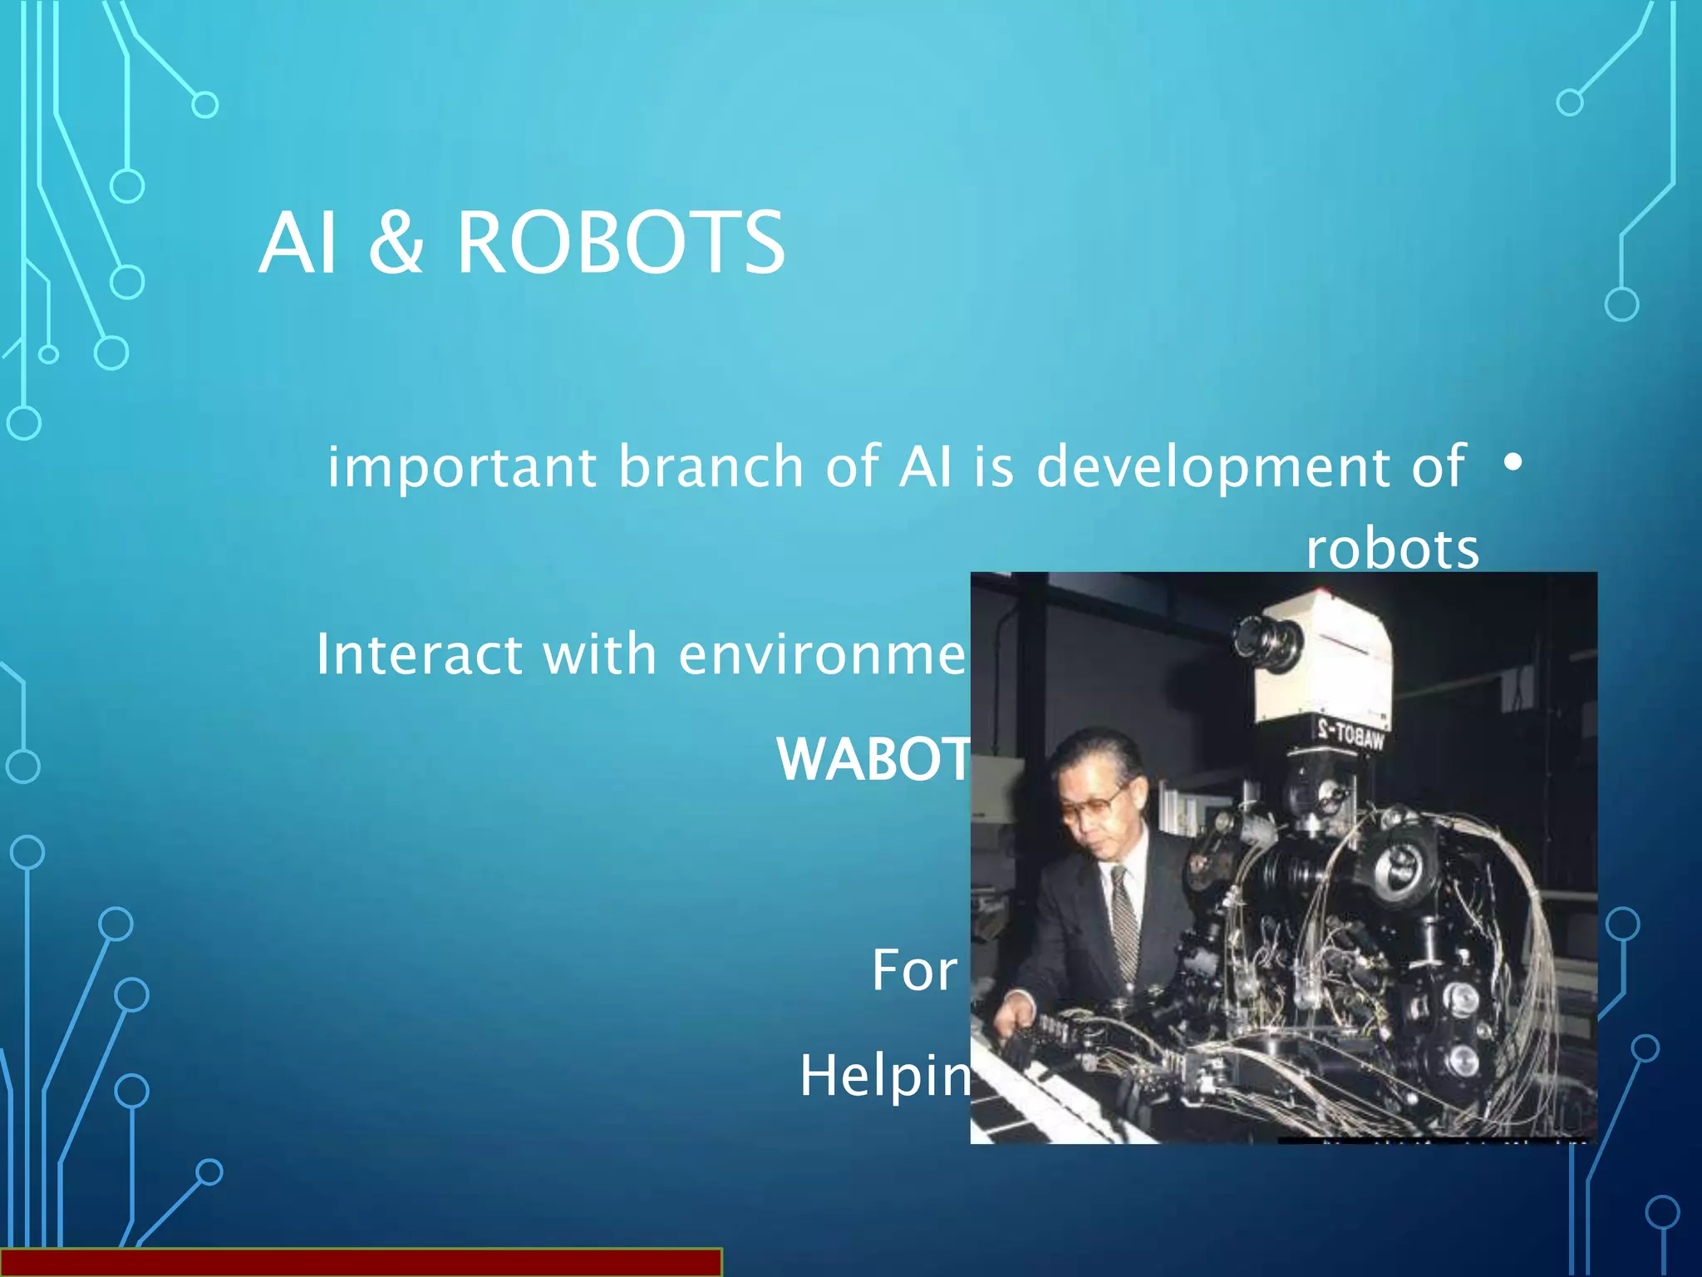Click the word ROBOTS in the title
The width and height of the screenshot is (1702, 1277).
(620, 243)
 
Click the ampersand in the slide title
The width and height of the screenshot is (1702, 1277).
(396, 243)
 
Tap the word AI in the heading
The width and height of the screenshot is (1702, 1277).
(298, 243)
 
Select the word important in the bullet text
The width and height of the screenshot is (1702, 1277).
(461, 467)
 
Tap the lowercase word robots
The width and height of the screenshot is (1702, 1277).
(1393, 550)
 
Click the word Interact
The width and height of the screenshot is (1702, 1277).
(419, 654)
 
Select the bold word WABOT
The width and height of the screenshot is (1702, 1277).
(873, 759)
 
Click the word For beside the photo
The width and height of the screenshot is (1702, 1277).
(914, 970)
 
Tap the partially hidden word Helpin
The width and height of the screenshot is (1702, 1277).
(884, 1076)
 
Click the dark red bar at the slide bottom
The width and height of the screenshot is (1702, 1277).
(361, 1262)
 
